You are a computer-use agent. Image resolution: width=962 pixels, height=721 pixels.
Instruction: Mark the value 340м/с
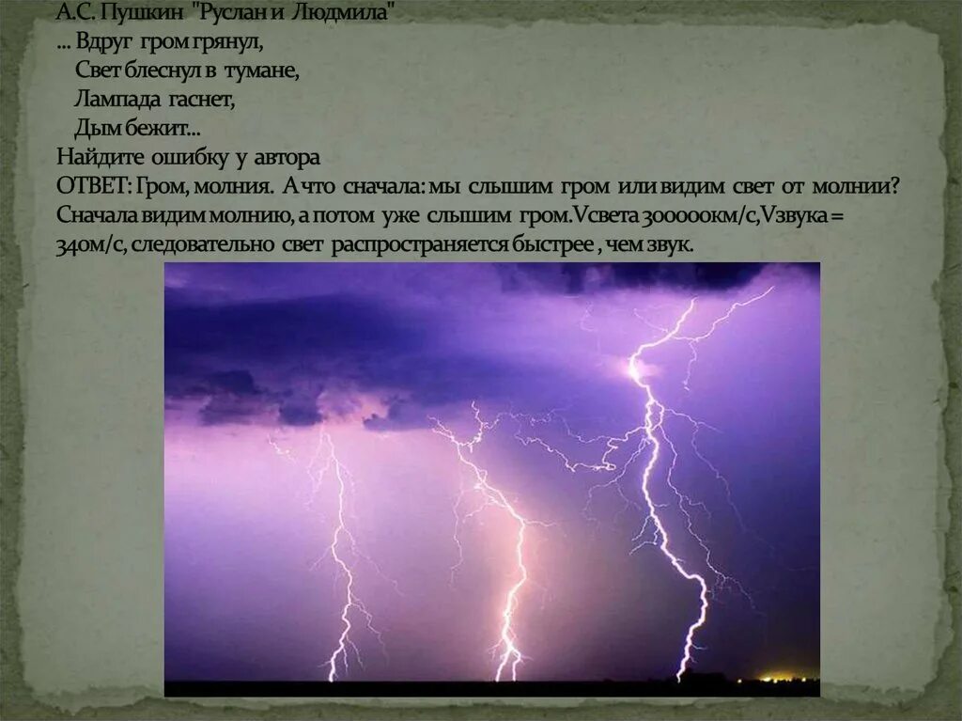(91, 245)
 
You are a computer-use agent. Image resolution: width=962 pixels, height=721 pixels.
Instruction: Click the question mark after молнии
(896, 186)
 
